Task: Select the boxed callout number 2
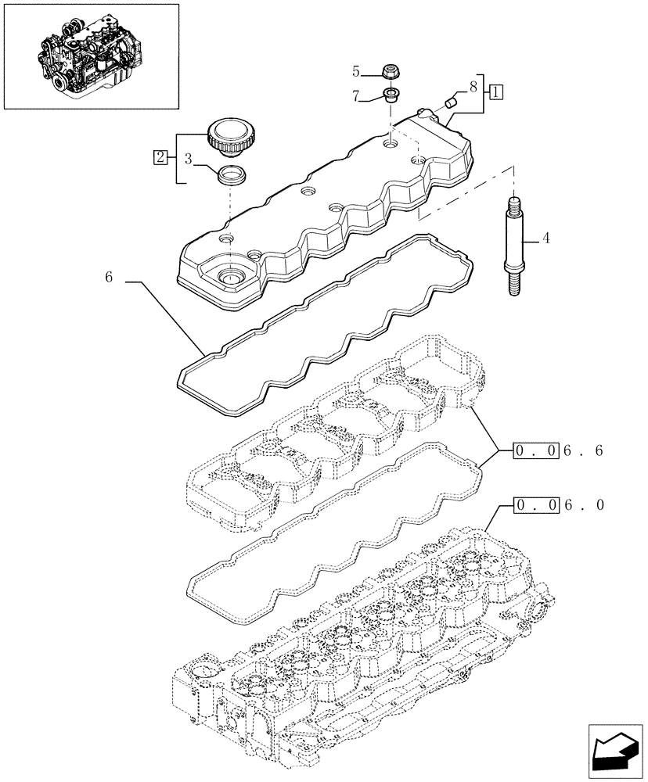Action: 160,157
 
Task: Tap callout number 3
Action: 189,158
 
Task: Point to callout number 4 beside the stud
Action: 545,238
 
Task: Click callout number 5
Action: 355,72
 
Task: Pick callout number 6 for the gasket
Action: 109,277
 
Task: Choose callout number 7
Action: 355,97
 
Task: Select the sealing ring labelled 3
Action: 231,174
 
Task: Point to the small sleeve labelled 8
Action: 449,102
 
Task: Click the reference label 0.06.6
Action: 558,450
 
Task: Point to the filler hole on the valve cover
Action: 231,276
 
